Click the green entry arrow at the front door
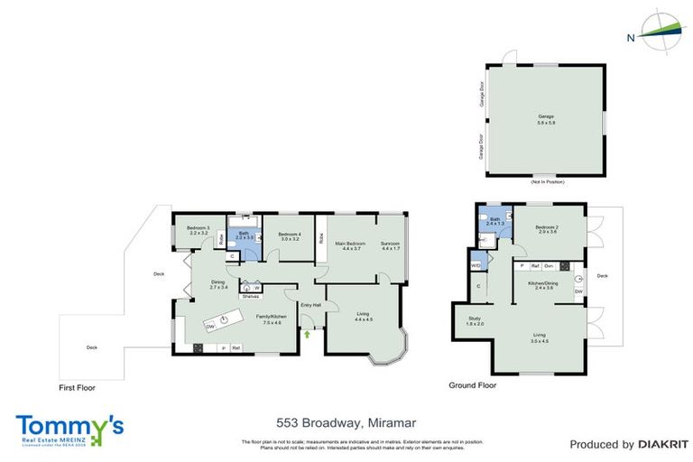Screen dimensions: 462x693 coord(307,335)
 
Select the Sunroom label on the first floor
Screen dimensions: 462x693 coord(390,245)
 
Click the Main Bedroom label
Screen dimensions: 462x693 coord(347,245)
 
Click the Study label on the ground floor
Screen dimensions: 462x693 coord(476,320)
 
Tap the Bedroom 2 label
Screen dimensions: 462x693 coord(548,228)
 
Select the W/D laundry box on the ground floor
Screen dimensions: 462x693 coord(476,266)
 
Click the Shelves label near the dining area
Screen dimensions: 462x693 coord(251,295)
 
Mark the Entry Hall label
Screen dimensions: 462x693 coord(310,305)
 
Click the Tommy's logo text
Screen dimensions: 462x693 coord(69,425)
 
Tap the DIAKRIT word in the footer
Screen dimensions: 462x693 coord(663,444)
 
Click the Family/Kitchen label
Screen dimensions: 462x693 coord(272,318)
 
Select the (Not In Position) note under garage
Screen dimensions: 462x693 coord(547,182)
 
